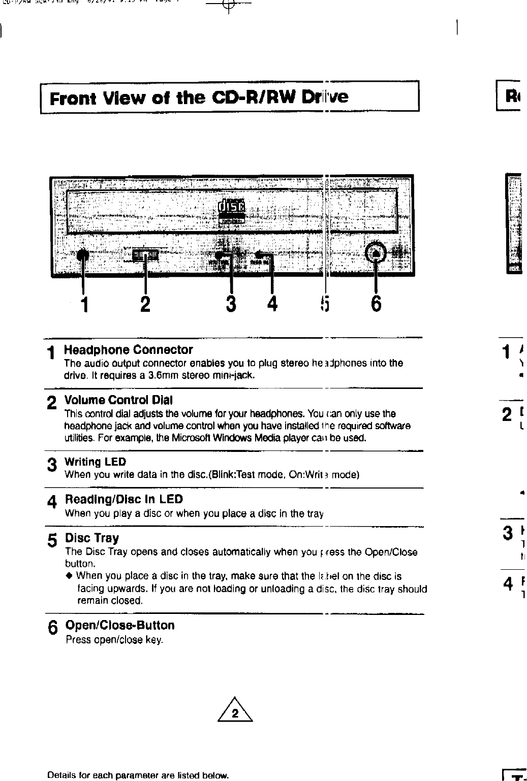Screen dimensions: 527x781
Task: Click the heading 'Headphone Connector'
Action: (128, 350)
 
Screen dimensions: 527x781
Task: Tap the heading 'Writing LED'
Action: (95, 462)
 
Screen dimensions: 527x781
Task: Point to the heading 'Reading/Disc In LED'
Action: (123, 500)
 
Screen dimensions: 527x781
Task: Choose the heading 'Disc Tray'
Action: (92, 538)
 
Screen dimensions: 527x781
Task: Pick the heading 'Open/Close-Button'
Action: (120, 625)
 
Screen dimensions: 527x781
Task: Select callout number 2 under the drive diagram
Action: (145, 304)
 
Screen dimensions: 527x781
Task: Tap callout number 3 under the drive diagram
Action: (231, 304)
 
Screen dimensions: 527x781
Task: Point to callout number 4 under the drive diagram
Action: (273, 304)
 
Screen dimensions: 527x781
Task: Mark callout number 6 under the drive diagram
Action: (376, 304)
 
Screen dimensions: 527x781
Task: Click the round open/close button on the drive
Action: (376, 252)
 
